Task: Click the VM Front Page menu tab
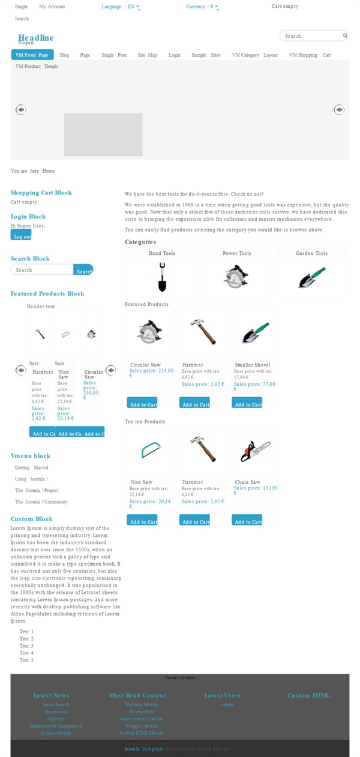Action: (32, 55)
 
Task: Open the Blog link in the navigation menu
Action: (64, 55)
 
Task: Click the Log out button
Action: (21, 236)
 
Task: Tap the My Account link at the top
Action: (52, 7)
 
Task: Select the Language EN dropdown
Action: (121, 7)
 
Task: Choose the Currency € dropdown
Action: (202, 7)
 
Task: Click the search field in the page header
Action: (311, 36)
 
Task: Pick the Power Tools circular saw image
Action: (236, 277)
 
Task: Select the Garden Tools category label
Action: (311, 254)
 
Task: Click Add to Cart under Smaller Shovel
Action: (247, 404)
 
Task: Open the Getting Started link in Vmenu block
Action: (32, 468)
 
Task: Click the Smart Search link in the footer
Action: (56, 705)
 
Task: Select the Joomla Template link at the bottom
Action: (144, 749)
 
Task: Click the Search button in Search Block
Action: (83, 271)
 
